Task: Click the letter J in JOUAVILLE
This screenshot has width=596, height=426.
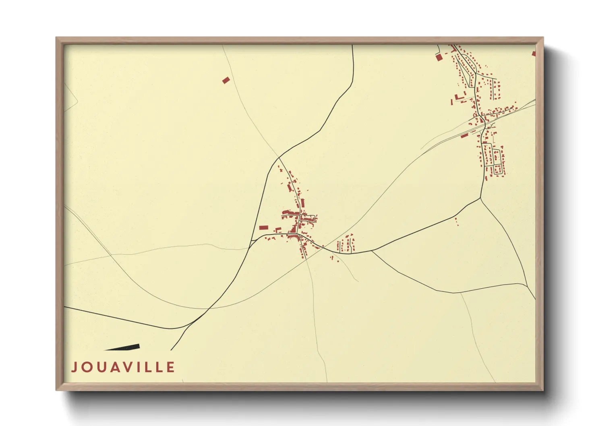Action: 74,367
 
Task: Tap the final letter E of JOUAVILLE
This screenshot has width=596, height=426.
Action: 171,367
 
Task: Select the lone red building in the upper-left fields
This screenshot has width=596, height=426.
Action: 226,80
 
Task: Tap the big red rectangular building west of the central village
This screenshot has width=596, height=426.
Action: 263,227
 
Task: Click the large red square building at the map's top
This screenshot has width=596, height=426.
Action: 439,57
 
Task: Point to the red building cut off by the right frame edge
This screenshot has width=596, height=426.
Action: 534,54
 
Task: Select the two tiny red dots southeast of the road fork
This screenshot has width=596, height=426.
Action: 456,221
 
